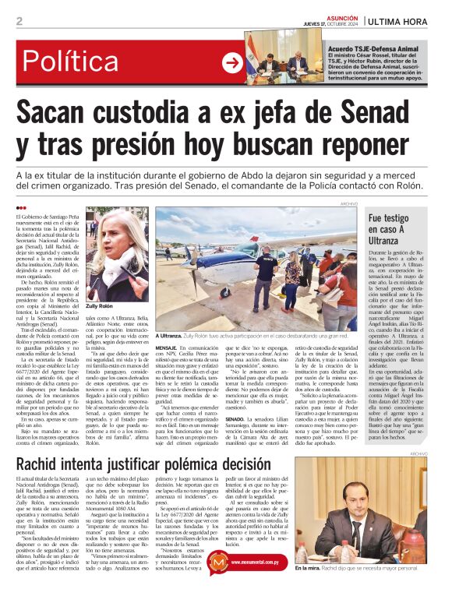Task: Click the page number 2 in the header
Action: pos(19,21)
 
